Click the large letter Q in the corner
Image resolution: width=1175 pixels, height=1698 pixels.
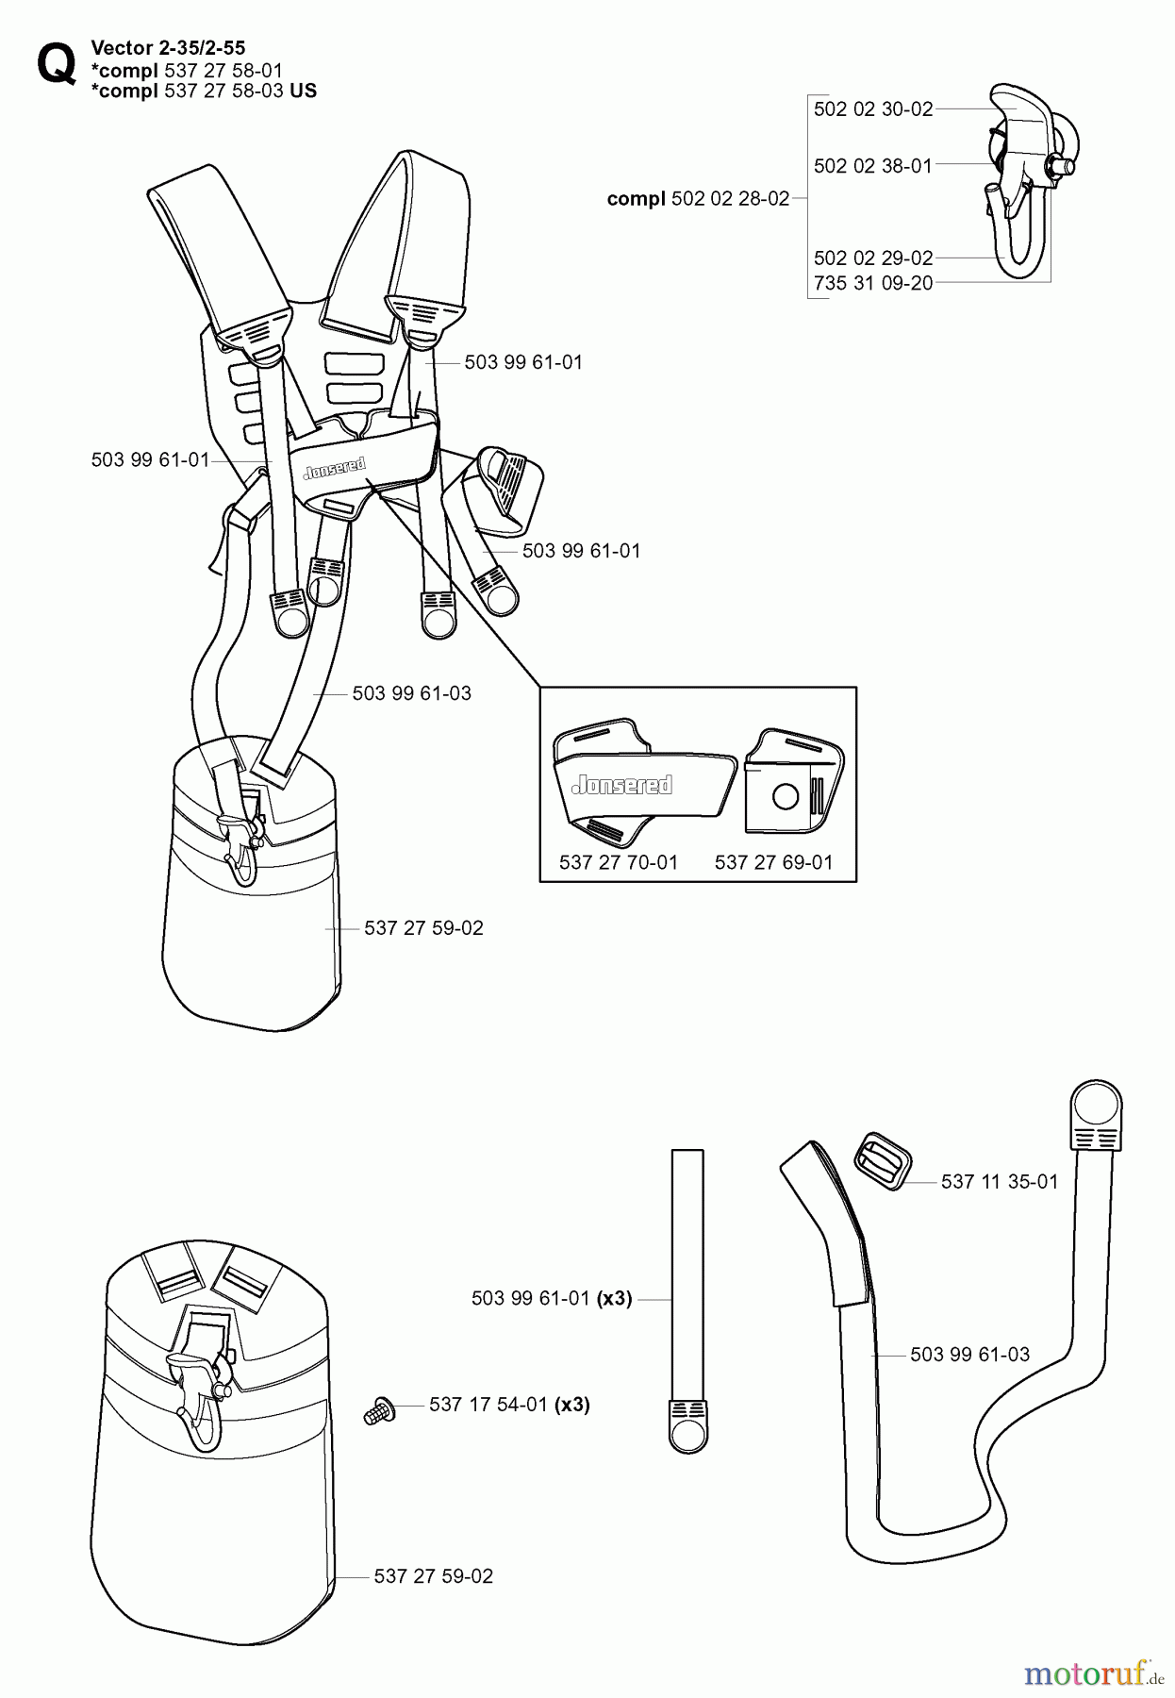(55, 64)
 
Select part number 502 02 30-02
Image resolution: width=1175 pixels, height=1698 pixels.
(872, 109)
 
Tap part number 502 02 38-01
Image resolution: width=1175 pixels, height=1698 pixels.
(872, 166)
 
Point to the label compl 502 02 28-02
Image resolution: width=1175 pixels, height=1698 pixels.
(698, 199)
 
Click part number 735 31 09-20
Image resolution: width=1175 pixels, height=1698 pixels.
(872, 283)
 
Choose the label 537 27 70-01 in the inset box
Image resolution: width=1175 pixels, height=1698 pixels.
(618, 862)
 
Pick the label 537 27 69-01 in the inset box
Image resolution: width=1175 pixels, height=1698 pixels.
(773, 862)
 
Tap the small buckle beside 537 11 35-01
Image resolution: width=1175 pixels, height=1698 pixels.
(882, 1161)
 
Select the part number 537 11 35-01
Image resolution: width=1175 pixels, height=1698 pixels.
(999, 1181)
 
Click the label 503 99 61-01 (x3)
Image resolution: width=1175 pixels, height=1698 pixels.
(551, 1299)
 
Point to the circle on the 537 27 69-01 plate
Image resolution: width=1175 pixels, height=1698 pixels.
(785, 796)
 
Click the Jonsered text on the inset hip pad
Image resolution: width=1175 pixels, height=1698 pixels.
(622, 784)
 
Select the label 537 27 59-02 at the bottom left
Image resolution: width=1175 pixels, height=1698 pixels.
(433, 1576)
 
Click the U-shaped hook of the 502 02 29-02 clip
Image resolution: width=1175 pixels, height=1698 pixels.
(1021, 250)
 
